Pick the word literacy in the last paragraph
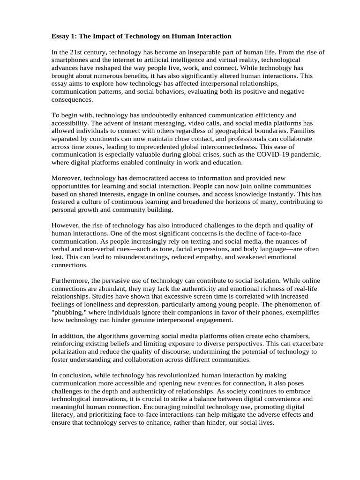tap(62, 414)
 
